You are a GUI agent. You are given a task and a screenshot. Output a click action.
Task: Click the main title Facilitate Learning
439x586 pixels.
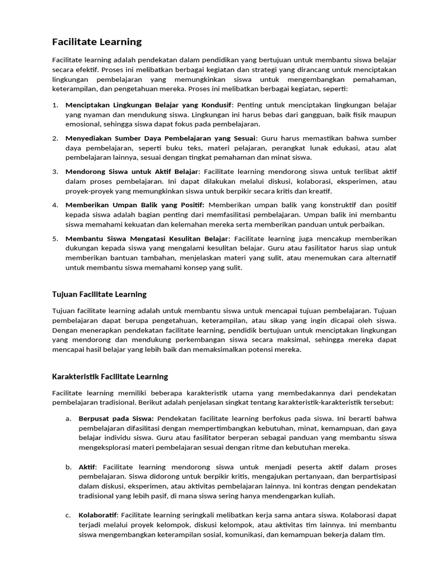click(97, 42)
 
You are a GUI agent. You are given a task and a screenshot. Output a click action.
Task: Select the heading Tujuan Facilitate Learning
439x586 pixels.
click(99, 294)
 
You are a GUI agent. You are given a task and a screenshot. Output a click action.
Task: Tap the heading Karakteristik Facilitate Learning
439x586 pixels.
click(110, 377)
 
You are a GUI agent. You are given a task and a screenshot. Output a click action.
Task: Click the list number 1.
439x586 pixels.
click(55, 105)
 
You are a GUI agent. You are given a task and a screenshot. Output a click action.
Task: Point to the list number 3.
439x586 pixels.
click(55, 172)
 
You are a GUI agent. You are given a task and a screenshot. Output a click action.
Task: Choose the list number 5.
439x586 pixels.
click(55, 238)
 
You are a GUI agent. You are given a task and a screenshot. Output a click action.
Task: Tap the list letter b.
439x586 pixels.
click(68, 468)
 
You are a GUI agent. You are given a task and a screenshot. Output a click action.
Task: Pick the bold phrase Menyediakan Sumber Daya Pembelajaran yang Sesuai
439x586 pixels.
click(161, 138)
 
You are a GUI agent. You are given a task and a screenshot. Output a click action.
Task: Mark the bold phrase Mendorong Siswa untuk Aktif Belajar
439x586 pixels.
click(131, 172)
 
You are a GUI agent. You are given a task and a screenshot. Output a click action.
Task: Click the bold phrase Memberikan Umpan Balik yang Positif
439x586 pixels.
click(134, 205)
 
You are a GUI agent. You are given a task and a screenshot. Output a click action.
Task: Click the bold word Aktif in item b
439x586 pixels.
click(87, 468)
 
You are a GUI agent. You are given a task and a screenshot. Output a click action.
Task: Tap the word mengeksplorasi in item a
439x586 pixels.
click(105, 448)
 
